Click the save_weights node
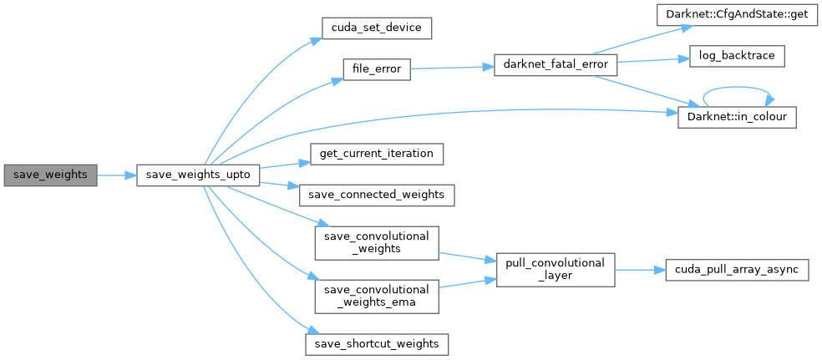point(50,175)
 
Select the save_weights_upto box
point(197,175)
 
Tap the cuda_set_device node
point(376,28)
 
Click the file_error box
point(376,68)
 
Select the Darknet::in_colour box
point(735,116)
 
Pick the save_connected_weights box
point(378,195)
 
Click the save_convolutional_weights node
point(376,241)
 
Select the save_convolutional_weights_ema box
point(376,297)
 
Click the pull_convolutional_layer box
point(556,269)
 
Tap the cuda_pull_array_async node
point(737,270)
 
